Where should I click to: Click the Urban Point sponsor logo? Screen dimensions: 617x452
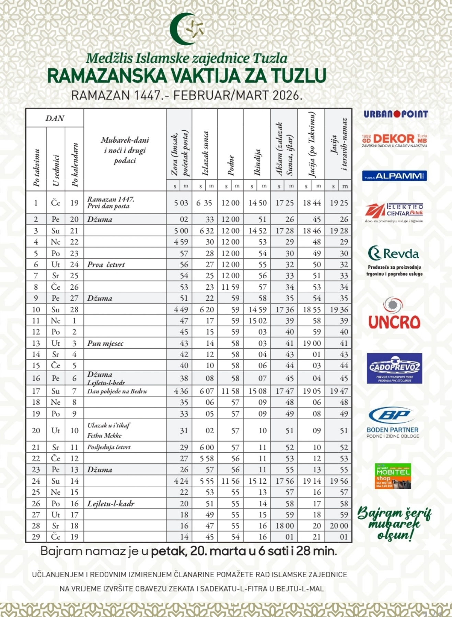pos(396,114)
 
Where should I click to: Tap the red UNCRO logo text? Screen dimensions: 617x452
pos(394,322)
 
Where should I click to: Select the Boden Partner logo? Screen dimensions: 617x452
pos(392,422)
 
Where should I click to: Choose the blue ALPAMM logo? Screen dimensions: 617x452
pos(394,176)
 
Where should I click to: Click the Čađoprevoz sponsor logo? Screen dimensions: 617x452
pos(394,368)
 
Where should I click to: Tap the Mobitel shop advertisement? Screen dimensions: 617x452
pos(393,476)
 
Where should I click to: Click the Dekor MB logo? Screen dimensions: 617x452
pos(394,140)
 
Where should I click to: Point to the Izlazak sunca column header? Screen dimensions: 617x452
pos(205,153)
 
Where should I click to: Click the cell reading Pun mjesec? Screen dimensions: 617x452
pos(105,343)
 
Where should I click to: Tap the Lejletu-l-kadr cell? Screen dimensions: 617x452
pos(111,504)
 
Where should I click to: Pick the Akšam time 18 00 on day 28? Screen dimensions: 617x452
pos(285,526)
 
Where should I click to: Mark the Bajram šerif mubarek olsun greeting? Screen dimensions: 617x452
pos(394,523)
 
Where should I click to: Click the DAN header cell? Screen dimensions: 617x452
pos(55,118)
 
